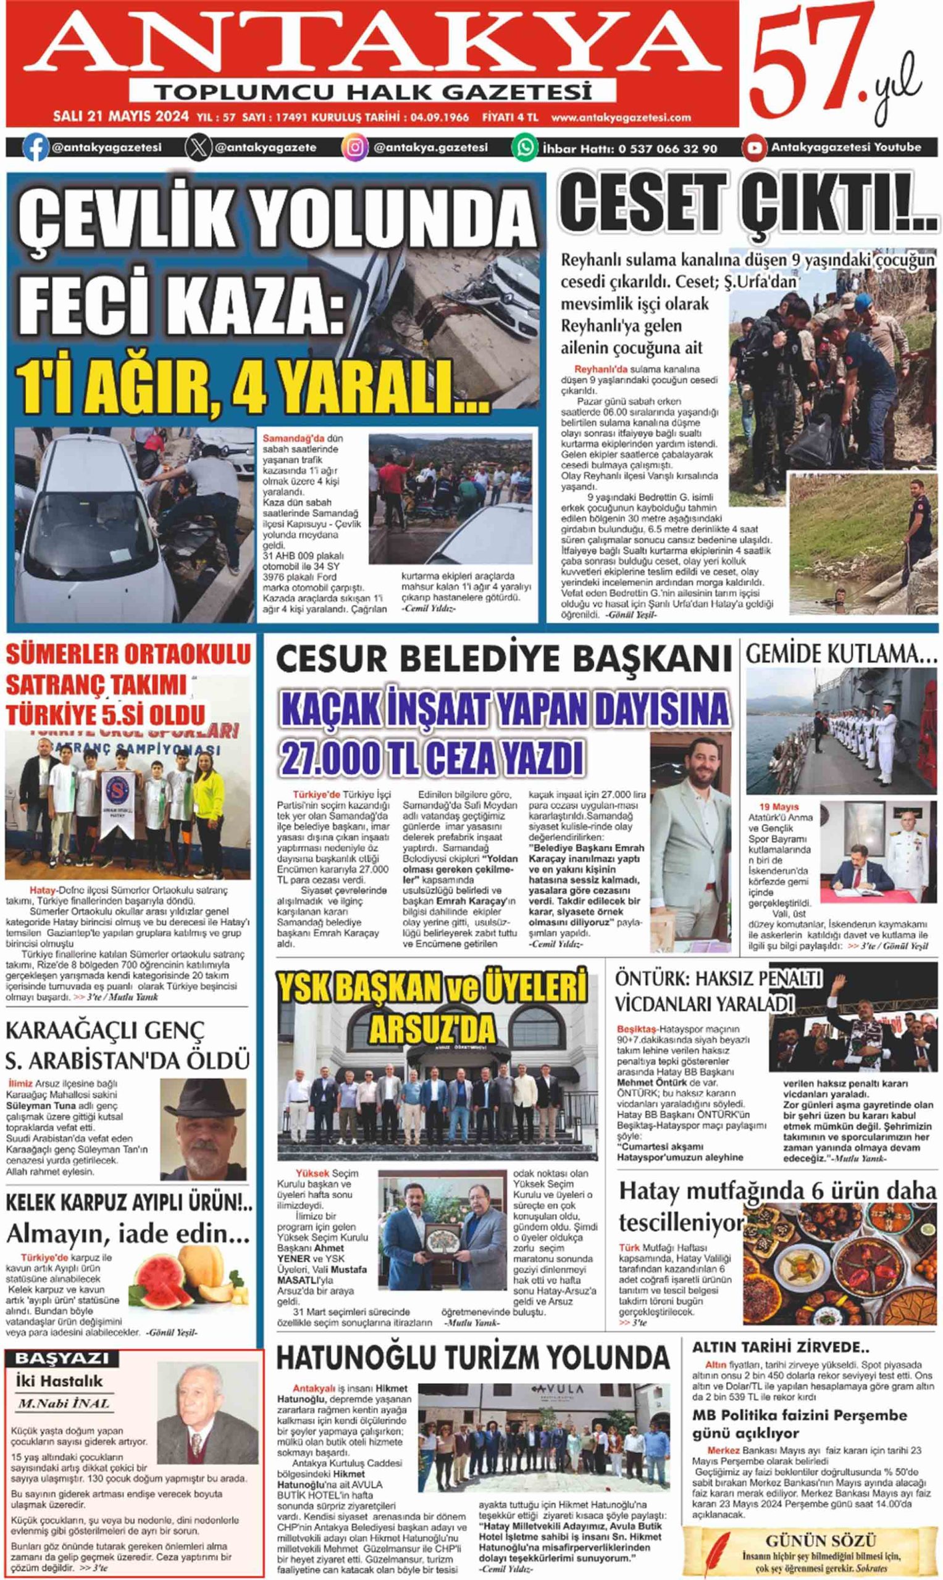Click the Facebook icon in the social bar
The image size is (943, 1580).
click(36, 148)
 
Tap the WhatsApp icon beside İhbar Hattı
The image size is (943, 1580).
click(526, 148)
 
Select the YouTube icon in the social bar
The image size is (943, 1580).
click(754, 148)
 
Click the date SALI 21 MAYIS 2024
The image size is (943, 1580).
click(121, 117)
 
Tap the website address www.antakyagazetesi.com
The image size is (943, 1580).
click(621, 117)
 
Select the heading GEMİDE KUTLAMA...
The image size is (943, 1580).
click(840, 655)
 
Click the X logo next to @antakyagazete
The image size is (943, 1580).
click(198, 148)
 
